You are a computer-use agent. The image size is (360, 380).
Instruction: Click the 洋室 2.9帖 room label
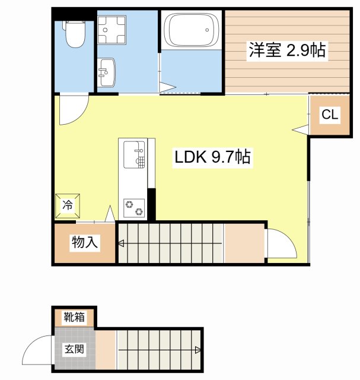pyautogui.click(x=287, y=50)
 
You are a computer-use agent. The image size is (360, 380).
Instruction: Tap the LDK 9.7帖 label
pyautogui.click(x=212, y=157)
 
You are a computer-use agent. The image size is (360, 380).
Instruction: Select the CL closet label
pyautogui.click(x=330, y=115)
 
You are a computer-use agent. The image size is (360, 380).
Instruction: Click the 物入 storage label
pyautogui.click(x=85, y=242)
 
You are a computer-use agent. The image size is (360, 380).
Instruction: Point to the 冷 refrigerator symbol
pyautogui.click(x=68, y=206)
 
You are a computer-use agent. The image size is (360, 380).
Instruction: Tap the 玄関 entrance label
pyautogui.click(x=75, y=349)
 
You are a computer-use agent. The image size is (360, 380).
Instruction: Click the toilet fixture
pyautogui.click(x=75, y=34)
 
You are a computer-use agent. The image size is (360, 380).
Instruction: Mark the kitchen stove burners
pyautogui.click(x=133, y=208)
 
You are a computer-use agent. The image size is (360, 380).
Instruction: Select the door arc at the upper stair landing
pyautogui.click(x=282, y=243)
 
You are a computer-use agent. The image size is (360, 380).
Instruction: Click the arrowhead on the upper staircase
pyautogui.click(x=121, y=242)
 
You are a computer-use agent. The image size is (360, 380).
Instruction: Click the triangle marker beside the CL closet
pyautogui.click(x=301, y=129)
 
